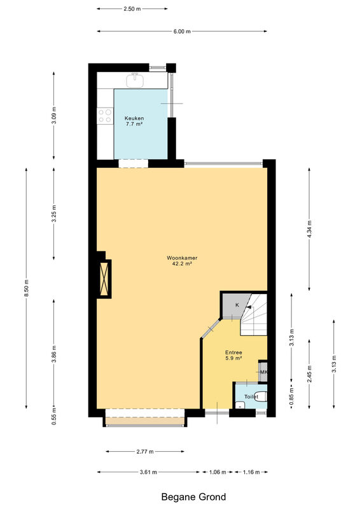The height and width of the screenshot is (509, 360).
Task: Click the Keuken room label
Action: pos(134,121)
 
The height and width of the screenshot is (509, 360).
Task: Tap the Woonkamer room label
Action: pos(182,261)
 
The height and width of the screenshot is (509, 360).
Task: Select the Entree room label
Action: pos(233,356)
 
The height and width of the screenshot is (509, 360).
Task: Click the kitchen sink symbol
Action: pos(135,80)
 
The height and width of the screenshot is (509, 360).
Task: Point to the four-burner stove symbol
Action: pos(105,116)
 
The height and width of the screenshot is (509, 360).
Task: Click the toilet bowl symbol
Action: pos(261,396)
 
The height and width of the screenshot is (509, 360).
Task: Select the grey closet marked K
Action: pos(237,305)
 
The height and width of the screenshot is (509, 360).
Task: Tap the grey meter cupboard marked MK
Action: pos(263,372)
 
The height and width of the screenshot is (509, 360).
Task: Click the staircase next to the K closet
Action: pos(254,314)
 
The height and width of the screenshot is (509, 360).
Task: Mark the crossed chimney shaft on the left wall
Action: pos(104,279)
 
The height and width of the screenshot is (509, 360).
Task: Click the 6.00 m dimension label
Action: pos(182,31)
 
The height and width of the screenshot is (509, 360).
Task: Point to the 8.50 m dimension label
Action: pos(26,288)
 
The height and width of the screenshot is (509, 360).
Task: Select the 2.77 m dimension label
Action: pos(145,451)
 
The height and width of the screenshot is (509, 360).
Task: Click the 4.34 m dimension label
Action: pos(309,229)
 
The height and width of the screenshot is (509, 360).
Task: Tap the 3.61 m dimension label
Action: pos(148,472)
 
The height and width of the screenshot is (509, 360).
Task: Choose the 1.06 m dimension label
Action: pos(217,472)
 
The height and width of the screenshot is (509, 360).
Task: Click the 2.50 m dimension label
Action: pos(132,9)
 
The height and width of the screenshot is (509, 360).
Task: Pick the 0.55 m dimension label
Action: pos(54,416)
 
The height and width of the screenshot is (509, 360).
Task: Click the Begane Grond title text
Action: pos(193,497)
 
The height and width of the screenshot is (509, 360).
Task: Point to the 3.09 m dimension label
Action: pos(54,115)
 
